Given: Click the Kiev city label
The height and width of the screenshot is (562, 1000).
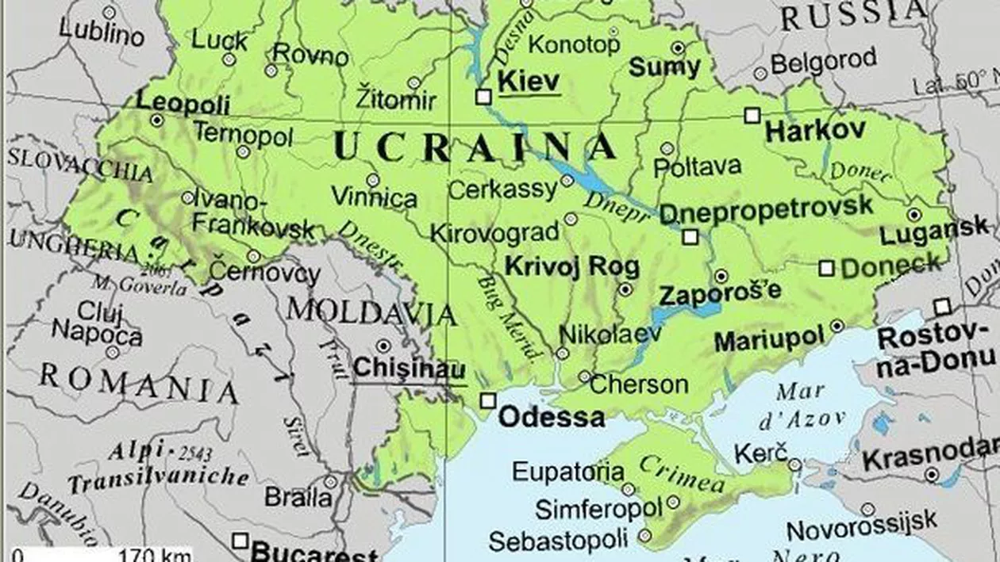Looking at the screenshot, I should [529, 81].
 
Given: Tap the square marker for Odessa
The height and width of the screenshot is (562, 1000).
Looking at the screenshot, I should [488, 401].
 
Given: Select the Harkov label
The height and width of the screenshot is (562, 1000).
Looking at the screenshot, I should [815, 131].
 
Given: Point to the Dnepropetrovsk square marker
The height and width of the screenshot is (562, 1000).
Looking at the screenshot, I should [690, 236].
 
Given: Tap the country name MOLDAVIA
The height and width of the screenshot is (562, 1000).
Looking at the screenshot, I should [371, 312].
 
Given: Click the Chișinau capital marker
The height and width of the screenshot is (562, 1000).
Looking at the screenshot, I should [383, 346].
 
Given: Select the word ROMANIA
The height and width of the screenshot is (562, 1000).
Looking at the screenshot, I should [139, 385].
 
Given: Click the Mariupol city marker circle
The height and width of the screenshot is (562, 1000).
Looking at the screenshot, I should [837, 326].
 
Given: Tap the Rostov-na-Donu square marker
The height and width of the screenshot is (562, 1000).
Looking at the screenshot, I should [942, 307].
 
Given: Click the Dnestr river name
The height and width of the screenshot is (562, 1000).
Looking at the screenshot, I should [371, 247].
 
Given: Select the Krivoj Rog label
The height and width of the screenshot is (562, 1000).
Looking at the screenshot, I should [571, 266].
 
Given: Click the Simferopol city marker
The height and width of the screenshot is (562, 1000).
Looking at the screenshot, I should [673, 502].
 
